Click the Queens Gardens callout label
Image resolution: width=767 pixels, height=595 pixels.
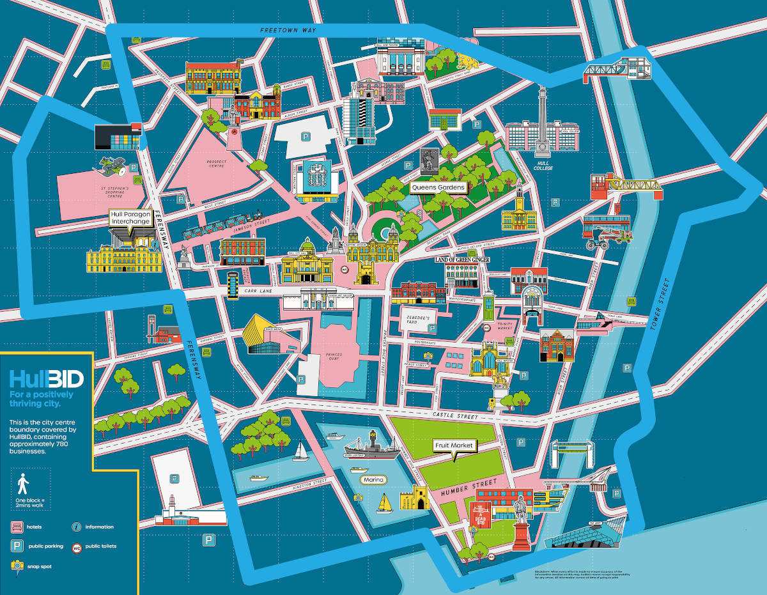(438, 188)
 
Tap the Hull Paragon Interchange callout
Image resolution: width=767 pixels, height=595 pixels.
(130, 218)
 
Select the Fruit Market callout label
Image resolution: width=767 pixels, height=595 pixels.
(456, 445)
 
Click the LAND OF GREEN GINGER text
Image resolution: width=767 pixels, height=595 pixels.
(462, 259)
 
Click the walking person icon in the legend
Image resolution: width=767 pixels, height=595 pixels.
(24, 484)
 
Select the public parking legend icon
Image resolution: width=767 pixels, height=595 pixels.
(17, 546)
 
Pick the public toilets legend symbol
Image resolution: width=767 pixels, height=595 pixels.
(77, 547)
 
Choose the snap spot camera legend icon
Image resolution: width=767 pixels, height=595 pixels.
(17, 566)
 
